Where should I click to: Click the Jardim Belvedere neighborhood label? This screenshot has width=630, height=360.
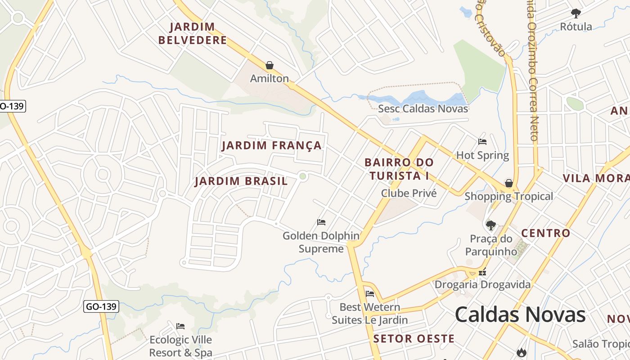pos(193,34)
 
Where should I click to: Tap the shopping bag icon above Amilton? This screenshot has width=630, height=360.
pos(270,66)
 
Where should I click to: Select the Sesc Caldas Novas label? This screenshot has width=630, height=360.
pos(423,108)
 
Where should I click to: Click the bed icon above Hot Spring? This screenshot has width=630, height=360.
pos(482,142)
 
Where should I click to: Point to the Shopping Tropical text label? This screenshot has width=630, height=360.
pos(508,196)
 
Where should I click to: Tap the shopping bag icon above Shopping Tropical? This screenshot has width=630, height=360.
pos(509,183)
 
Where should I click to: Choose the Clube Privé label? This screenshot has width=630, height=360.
pos(409,193)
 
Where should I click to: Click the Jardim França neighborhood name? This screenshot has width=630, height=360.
pos(272,145)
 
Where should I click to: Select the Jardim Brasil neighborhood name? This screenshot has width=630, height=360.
pos(241,181)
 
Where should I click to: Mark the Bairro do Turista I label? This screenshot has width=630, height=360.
pos(399,169)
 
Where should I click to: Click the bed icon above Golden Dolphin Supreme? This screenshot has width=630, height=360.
pos(321,222)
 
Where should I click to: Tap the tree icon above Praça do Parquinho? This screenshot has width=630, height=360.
pos(491,225)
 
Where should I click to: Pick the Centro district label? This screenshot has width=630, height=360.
pos(545,233)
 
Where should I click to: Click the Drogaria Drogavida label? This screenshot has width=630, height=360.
pos(482,284)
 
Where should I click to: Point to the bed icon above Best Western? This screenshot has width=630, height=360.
pos(370,294)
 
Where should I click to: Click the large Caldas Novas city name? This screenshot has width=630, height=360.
pos(520,315)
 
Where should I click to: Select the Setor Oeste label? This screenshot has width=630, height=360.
pos(414,339)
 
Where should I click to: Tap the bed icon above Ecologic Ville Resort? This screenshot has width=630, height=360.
pos(180,326)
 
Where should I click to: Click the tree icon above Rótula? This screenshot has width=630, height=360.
pos(576,13)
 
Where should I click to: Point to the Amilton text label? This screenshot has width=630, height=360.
pos(270,78)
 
